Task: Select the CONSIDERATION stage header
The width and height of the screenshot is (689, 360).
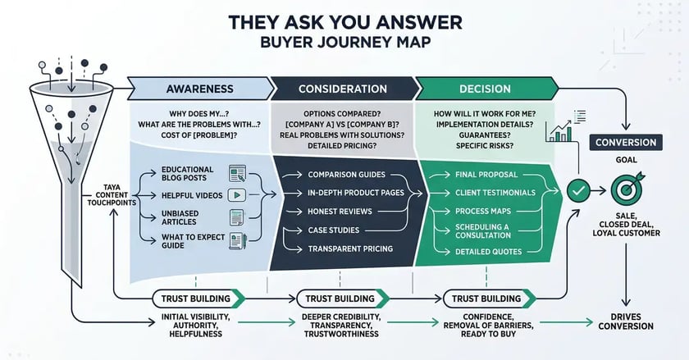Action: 342,89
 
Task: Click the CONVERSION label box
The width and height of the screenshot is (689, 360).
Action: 625,143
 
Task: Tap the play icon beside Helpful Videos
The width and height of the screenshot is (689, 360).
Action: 238,195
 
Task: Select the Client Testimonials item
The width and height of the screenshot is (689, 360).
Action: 495,193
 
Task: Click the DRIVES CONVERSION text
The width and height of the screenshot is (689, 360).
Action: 626,320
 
